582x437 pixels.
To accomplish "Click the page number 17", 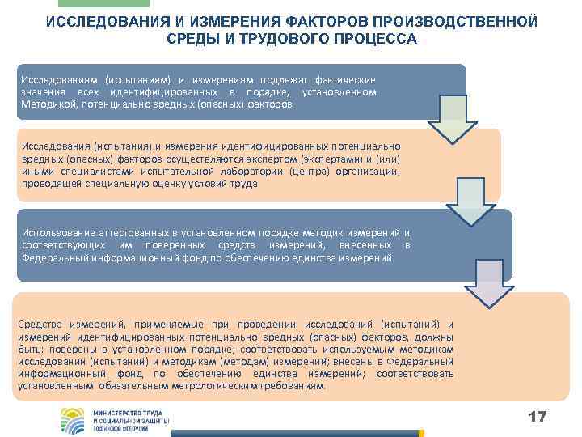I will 537,417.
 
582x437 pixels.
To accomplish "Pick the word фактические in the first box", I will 343,80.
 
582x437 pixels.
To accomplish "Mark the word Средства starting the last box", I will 40,325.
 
